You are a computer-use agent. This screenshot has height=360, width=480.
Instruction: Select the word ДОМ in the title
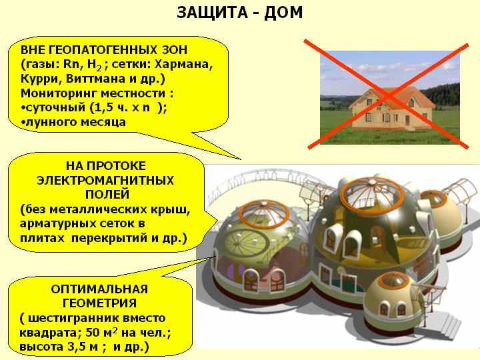point(283,13)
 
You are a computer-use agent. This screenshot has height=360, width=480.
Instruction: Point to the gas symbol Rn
point(71,64)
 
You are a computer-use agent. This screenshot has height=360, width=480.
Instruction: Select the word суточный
point(56,108)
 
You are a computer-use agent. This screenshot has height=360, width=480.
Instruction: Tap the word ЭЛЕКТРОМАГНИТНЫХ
point(105,180)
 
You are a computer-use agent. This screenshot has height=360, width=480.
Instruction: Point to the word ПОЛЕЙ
point(107,195)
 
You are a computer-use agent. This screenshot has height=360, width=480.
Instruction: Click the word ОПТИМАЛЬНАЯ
point(99,289)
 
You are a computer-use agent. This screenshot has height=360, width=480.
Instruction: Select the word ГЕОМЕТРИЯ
point(99,303)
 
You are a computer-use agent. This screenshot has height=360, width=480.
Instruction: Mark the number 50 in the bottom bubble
point(93,333)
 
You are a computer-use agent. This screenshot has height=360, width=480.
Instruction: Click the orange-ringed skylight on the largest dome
point(372,191)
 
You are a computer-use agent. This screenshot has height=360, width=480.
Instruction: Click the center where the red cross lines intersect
point(388,95)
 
